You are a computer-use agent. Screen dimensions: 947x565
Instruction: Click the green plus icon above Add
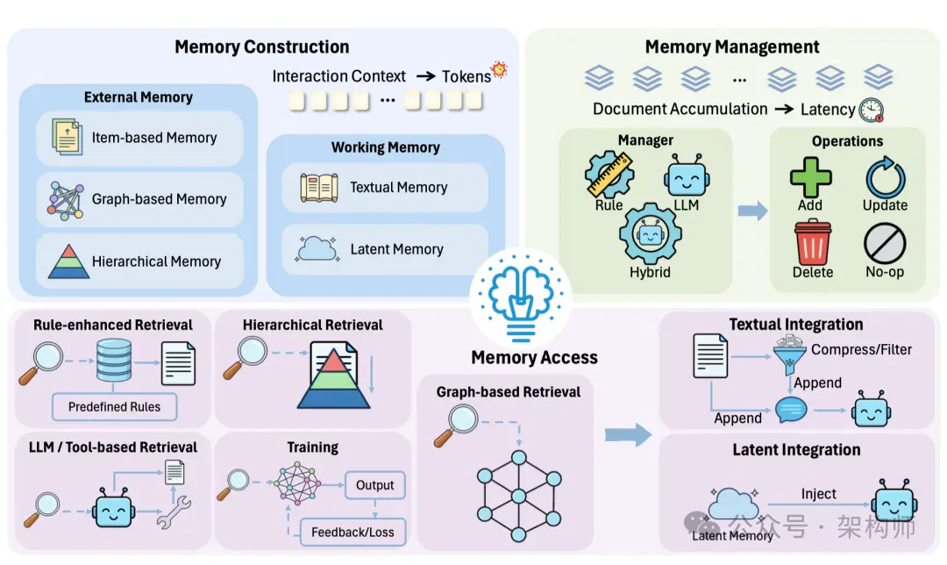click(810, 177)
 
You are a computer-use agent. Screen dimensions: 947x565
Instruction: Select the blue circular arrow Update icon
click(885, 177)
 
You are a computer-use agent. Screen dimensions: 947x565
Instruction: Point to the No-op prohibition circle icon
click(885, 244)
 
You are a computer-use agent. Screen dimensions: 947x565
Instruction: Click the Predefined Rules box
click(114, 407)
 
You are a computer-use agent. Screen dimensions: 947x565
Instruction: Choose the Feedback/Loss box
click(352, 532)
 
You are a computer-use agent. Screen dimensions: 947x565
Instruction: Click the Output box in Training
click(374, 484)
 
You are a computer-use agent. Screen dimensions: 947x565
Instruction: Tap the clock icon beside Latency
click(871, 110)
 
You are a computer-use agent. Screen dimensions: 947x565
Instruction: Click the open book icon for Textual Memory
click(319, 188)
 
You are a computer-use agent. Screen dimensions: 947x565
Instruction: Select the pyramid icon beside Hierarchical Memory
click(69, 261)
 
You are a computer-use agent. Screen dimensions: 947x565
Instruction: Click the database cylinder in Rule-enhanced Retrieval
click(113, 361)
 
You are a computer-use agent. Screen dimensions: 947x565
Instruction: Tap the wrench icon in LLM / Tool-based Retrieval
click(174, 513)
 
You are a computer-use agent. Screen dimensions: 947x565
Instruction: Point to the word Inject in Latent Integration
click(818, 494)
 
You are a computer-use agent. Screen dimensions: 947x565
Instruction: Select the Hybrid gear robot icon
click(650, 234)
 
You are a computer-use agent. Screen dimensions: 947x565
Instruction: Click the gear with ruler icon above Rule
click(609, 175)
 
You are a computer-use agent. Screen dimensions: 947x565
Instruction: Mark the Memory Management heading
click(732, 46)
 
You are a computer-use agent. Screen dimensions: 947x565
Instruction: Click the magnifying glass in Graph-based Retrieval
click(456, 426)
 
